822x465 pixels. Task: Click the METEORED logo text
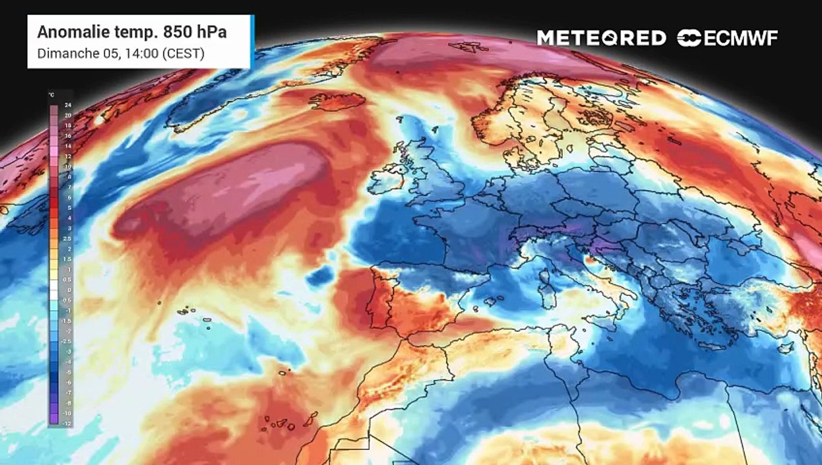click(x=601, y=38)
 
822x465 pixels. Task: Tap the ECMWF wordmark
click(x=741, y=38)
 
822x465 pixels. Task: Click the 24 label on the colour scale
click(x=68, y=105)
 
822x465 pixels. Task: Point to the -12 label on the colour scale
click(x=68, y=422)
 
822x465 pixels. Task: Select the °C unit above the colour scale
click(x=51, y=95)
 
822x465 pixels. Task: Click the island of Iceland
click(x=337, y=101)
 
